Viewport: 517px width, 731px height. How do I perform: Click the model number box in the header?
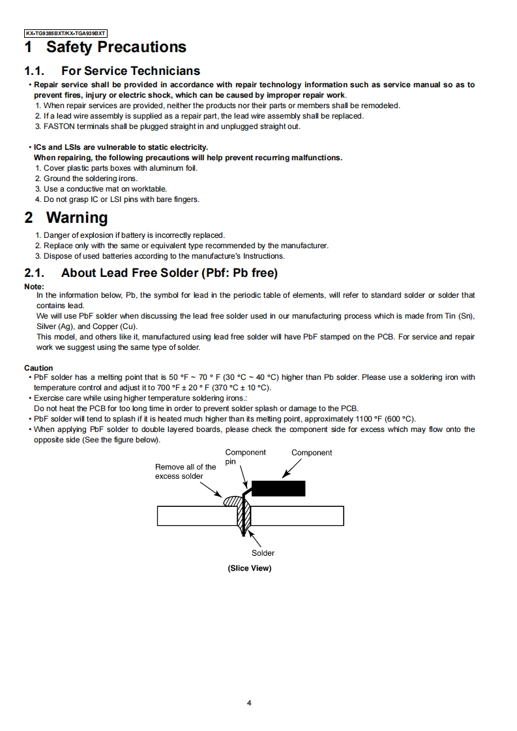65,33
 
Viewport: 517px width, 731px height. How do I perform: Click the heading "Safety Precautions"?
116,47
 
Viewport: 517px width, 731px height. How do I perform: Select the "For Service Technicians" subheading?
130,70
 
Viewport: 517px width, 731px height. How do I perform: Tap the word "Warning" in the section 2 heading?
77,218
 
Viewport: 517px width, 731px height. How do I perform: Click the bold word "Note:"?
34,287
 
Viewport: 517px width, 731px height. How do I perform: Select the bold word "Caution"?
38,368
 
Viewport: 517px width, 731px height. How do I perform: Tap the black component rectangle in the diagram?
278,489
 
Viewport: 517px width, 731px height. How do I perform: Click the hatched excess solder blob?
233,502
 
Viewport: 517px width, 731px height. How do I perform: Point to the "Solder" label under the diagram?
263,553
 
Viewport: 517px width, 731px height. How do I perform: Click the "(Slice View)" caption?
249,568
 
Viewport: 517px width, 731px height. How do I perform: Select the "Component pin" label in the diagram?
244,457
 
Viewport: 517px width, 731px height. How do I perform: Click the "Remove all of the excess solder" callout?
185,471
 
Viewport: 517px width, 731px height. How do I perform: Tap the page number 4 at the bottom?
250,703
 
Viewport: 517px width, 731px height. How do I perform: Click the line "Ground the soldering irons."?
91,179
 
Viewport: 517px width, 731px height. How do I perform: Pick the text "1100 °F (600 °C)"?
382,419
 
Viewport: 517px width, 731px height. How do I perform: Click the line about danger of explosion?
134,235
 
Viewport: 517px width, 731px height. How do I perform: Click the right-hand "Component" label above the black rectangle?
312,453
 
